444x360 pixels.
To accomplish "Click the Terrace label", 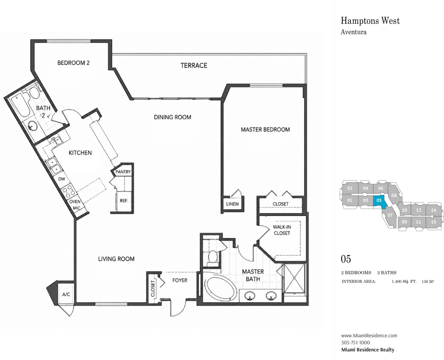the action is (194, 65).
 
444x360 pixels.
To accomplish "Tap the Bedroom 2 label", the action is (73, 63).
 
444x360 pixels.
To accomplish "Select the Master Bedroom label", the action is (265, 130).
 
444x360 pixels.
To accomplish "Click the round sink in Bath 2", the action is (32, 126).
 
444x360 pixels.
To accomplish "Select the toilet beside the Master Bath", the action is (212, 258).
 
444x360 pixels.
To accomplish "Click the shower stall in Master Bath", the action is (294, 278).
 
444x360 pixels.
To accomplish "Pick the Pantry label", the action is (123, 172).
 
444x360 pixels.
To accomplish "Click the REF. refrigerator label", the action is (124, 200).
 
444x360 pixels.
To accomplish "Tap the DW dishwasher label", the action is (62, 179).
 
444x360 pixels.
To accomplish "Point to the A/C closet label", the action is (66, 294).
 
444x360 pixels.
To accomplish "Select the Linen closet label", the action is (233, 204).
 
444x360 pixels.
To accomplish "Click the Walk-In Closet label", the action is (282, 230).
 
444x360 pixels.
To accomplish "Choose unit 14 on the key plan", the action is (433, 210).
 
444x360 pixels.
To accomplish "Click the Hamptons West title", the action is (370, 21).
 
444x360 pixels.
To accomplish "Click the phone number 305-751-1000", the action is (356, 342).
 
